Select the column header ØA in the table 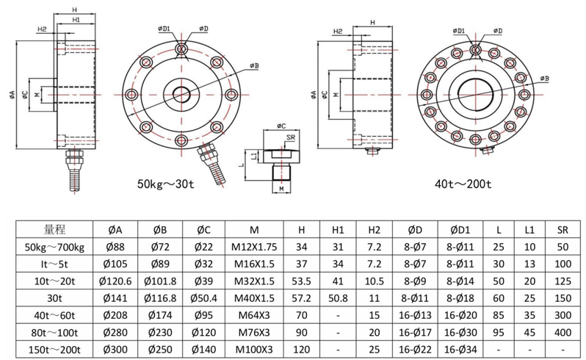(x=114, y=228)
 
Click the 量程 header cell (x=54, y=228)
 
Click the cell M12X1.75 (x=253, y=246)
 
